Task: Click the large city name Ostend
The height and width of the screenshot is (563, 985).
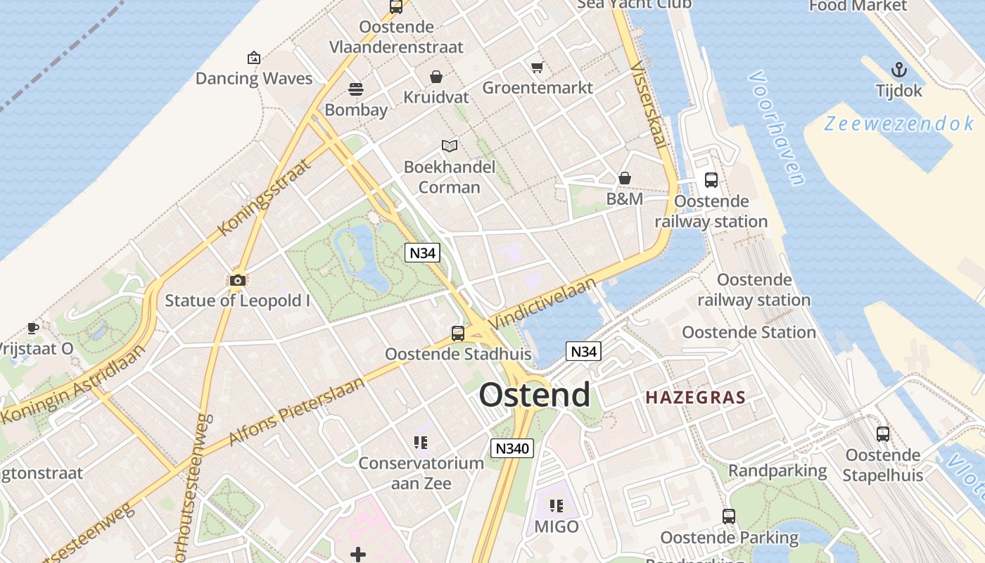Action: (x=535, y=395)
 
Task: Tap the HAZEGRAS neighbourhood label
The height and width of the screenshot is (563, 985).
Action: (x=695, y=397)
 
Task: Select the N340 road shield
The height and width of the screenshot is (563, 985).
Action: (x=511, y=448)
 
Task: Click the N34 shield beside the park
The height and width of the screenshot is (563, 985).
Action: (x=422, y=253)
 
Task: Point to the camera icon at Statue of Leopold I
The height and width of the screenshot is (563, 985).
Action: (x=238, y=280)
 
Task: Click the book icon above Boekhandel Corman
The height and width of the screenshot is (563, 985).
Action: (x=450, y=146)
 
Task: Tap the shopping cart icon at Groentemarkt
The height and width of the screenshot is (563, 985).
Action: (x=538, y=68)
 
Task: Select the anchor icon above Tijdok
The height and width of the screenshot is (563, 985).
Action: (x=898, y=70)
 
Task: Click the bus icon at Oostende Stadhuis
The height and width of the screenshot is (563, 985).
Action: (x=458, y=333)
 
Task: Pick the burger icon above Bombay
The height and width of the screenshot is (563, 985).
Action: (x=356, y=89)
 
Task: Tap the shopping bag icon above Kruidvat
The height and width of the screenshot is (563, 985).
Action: (x=436, y=77)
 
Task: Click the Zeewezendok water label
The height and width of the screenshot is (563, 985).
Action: (x=899, y=124)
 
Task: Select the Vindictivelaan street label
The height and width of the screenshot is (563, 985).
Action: (x=543, y=303)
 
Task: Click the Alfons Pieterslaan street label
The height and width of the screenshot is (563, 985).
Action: (x=296, y=411)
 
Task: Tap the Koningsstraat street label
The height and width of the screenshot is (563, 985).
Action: (x=265, y=197)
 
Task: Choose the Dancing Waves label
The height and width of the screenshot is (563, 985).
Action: (x=253, y=78)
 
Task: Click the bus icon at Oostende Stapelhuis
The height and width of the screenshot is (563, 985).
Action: (x=882, y=434)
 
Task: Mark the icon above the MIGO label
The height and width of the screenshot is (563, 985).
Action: (x=557, y=506)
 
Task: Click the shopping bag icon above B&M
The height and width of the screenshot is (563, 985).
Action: (x=624, y=179)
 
